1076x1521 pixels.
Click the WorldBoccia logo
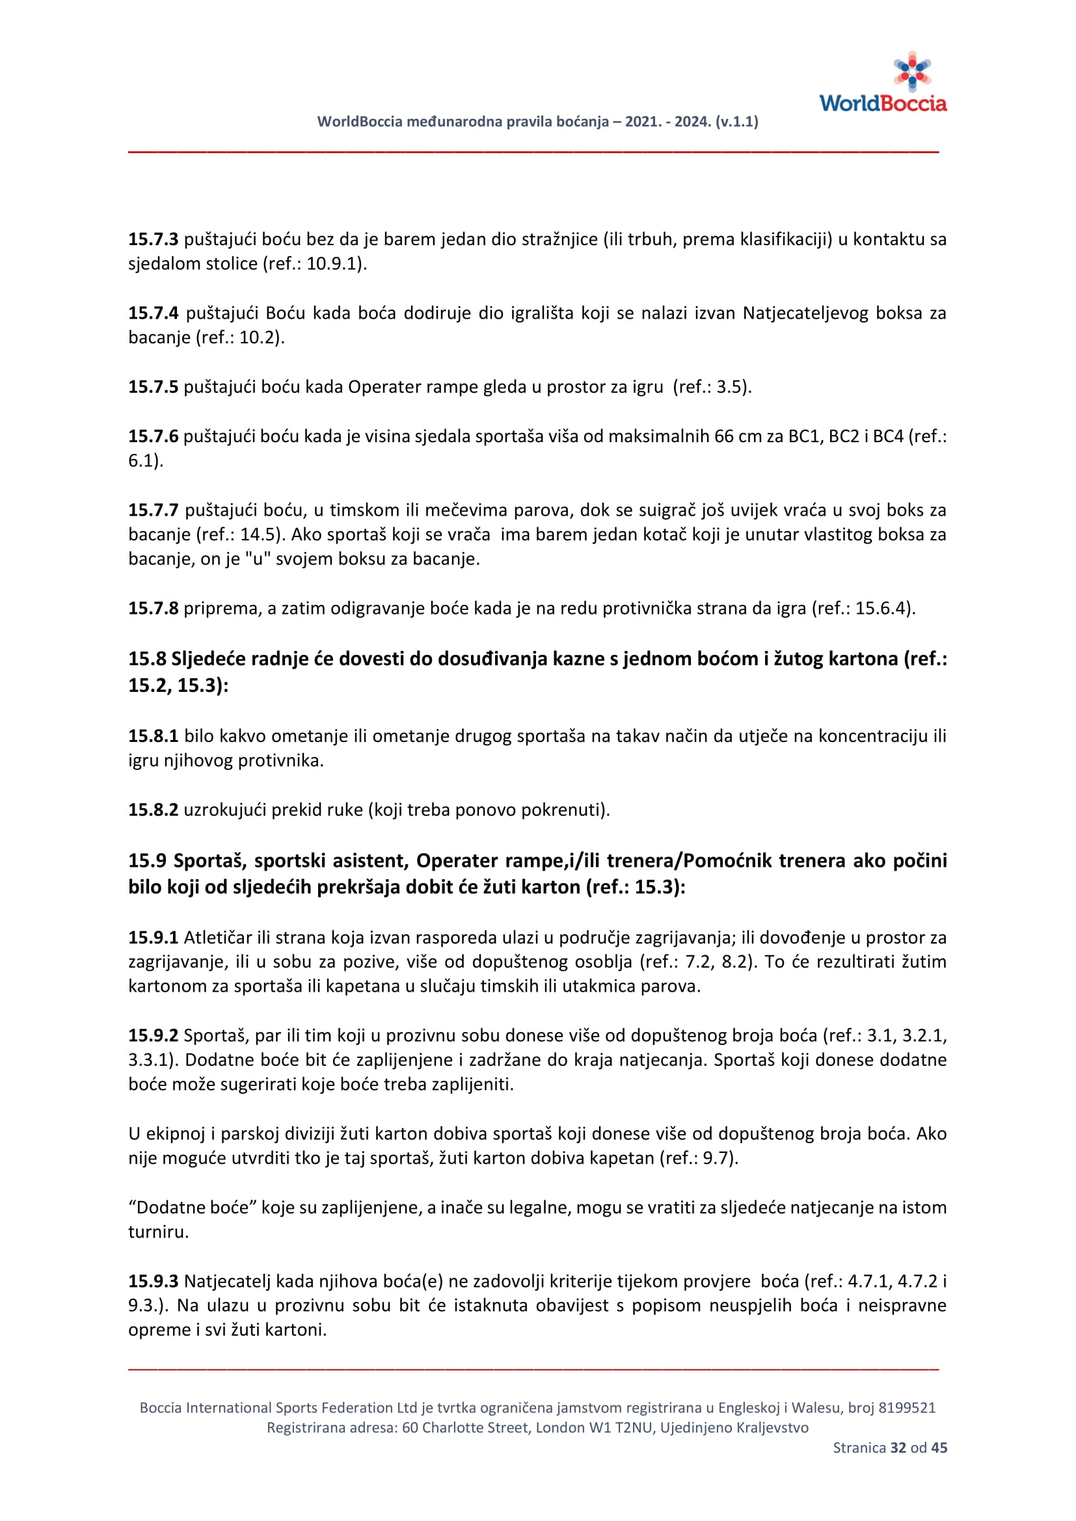tap(883, 82)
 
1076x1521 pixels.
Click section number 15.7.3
tap(153, 239)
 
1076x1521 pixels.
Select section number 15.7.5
tap(153, 387)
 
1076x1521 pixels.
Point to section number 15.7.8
tap(153, 608)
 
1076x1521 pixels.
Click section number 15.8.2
tap(153, 810)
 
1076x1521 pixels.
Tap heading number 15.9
tap(147, 860)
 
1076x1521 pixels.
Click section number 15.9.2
tap(153, 1035)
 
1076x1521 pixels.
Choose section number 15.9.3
tap(153, 1281)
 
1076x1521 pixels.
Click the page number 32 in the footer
tap(898, 1448)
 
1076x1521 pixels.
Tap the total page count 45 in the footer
tap(939, 1448)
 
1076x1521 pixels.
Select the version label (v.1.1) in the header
tap(737, 122)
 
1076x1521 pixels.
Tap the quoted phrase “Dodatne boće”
tap(192, 1208)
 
